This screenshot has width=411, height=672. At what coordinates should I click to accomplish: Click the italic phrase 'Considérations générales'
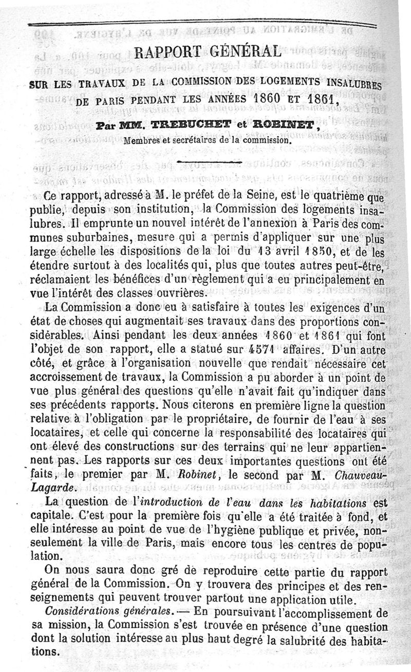click(x=108, y=612)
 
